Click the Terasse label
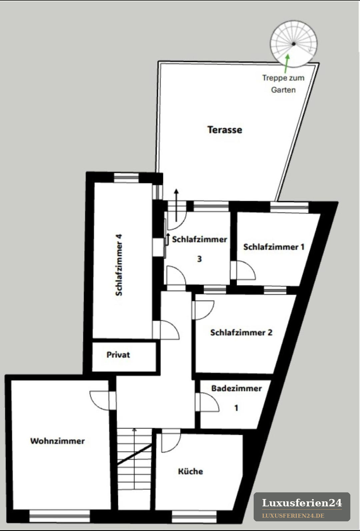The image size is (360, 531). click(225, 130)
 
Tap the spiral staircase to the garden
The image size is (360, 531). click(294, 44)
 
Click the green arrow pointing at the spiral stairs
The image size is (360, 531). click(286, 64)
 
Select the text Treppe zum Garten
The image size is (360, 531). click(283, 84)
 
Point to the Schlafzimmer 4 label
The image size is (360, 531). click(119, 265)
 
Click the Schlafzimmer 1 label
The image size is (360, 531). click(274, 247)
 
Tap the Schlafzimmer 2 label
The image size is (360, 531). click(241, 332)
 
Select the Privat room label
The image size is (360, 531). click(118, 355)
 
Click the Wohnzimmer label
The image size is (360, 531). click(57, 441)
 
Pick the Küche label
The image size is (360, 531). click(190, 471)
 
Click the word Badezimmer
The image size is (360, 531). click(236, 388)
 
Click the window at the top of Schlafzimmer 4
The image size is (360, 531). click(126, 178)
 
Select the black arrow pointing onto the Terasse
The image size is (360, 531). click(176, 205)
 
